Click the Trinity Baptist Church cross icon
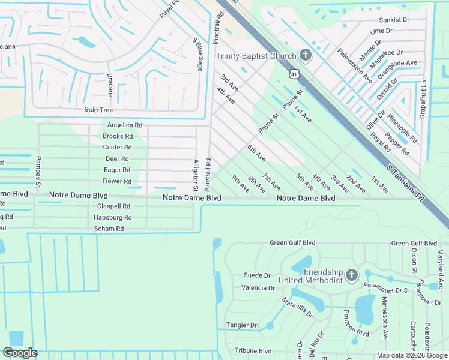coord(305,56)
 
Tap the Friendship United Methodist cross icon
coord(352,275)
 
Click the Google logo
coord(20,353)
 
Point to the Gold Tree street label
coord(98,110)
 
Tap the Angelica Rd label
coord(125,125)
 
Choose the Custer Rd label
coord(117,148)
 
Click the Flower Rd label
coord(117,181)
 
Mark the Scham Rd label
coord(109,229)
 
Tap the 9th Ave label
coord(241,184)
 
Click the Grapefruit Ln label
coord(423,100)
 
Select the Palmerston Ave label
coord(355,66)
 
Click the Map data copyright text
coord(411,355)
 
